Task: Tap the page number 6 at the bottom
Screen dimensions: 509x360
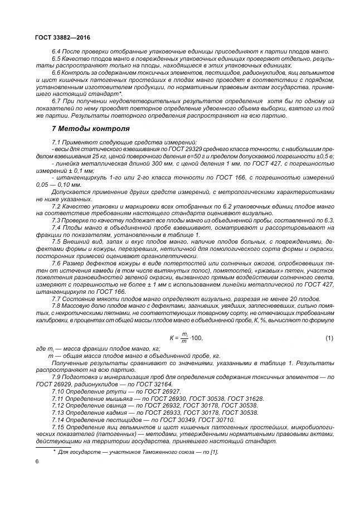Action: (x=36, y=462)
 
